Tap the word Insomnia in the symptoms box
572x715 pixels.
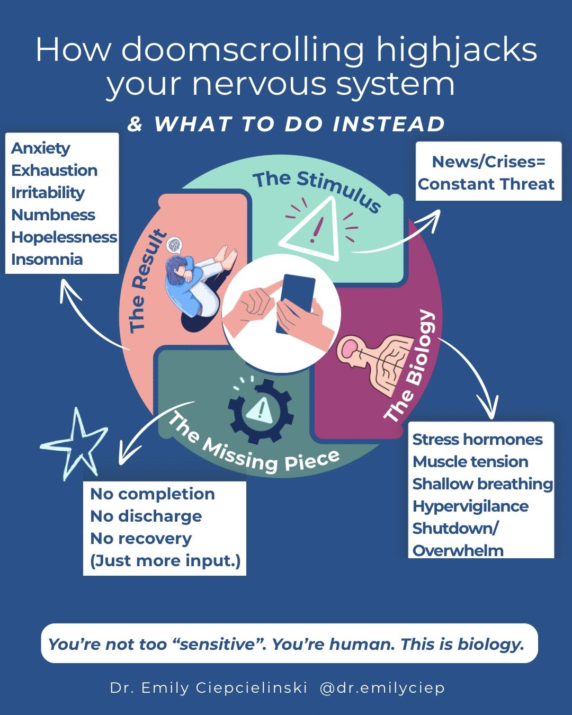point(47,260)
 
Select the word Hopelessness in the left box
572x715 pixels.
point(64,237)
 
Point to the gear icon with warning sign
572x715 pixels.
point(260,410)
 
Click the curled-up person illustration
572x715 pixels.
point(199,286)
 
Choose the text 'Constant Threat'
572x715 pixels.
point(486,184)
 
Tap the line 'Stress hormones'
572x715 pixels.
point(477,440)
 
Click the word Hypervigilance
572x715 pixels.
point(470,506)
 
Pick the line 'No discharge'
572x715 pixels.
point(146,516)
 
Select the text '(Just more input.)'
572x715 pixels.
point(165,561)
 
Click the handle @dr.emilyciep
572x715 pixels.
point(382,688)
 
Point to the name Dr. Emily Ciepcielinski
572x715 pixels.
point(209,688)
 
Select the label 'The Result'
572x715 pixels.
point(147,281)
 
